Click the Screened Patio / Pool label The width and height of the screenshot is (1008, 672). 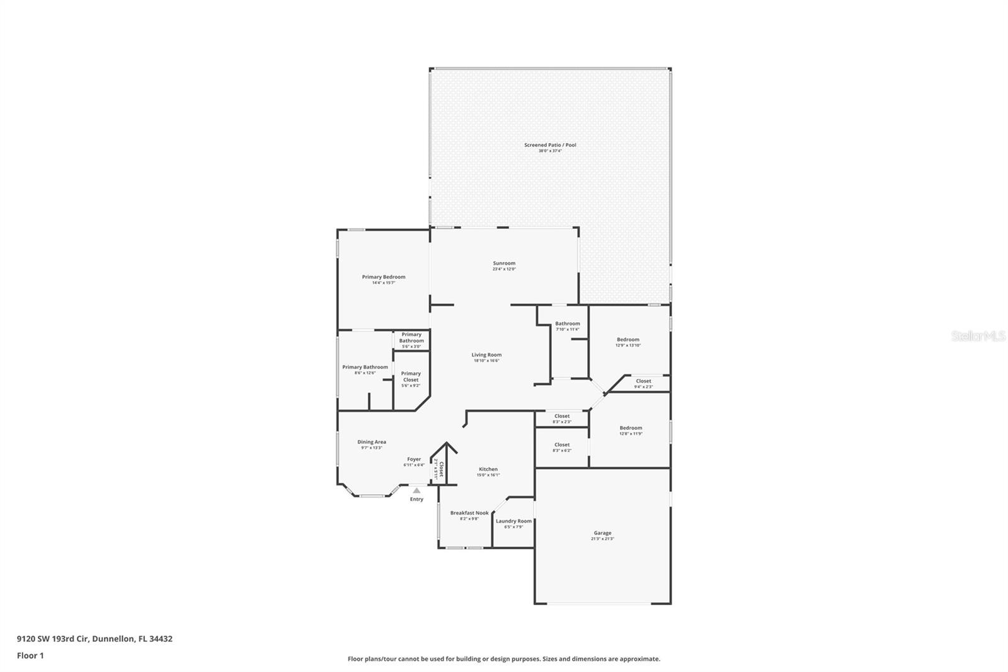click(550, 145)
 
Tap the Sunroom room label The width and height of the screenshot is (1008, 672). click(504, 264)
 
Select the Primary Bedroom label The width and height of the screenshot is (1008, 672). click(383, 277)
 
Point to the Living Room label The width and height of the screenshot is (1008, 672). click(486, 355)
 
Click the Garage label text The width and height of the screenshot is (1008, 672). click(602, 533)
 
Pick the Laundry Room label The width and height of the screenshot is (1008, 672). click(513, 521)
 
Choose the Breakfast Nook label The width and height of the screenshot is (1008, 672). click(469, 513)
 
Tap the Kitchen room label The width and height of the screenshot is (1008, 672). click(488, 469)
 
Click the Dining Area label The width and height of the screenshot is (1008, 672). click(372, 442)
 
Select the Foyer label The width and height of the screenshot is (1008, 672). click(414, 459)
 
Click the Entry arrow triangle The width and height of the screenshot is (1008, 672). click(416, 490)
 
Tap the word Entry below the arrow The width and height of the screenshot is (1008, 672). click(416, 499)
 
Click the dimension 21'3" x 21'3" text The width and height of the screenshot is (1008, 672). click(602, 539)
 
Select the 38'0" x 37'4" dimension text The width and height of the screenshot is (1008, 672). click(550, 151)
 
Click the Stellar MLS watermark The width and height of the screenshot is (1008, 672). click(978, 336)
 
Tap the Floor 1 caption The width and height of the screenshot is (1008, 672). click(30, 656)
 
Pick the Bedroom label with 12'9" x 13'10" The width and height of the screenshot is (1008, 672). click(628, 340)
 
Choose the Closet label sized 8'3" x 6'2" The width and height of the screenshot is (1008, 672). click(562, 444)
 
